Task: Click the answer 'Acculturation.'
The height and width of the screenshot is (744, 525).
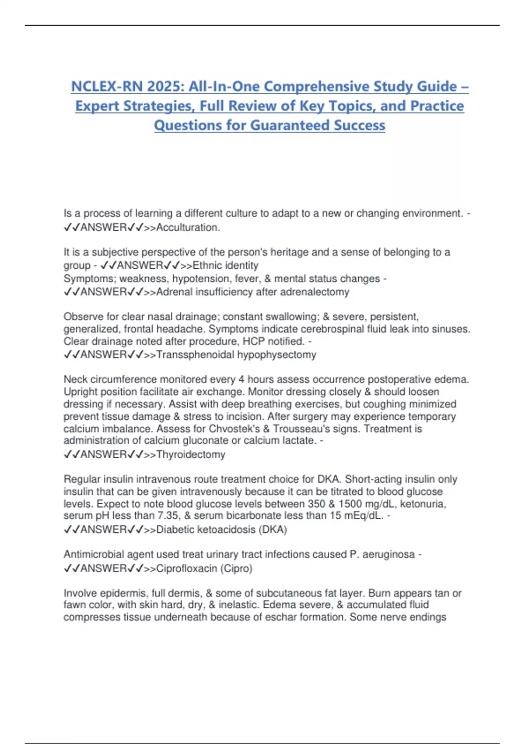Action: pyautogui.click(x=188, y=228)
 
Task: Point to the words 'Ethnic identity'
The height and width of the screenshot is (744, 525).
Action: pyautogui.click(x=225, y=266)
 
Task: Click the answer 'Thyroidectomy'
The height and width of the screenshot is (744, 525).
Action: pyautogui.click(x=191, y=455)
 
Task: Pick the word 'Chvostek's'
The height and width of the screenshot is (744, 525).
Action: pyautogui.click(x=234, y=429)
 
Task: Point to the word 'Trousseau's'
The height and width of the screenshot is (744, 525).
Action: pyautogui.click(x=299, y=429)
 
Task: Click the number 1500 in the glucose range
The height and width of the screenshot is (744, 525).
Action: pyautogui.click(x=353, y=504)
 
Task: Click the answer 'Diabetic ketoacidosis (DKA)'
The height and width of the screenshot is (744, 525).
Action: pyautogui.click(x=221, y=530)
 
